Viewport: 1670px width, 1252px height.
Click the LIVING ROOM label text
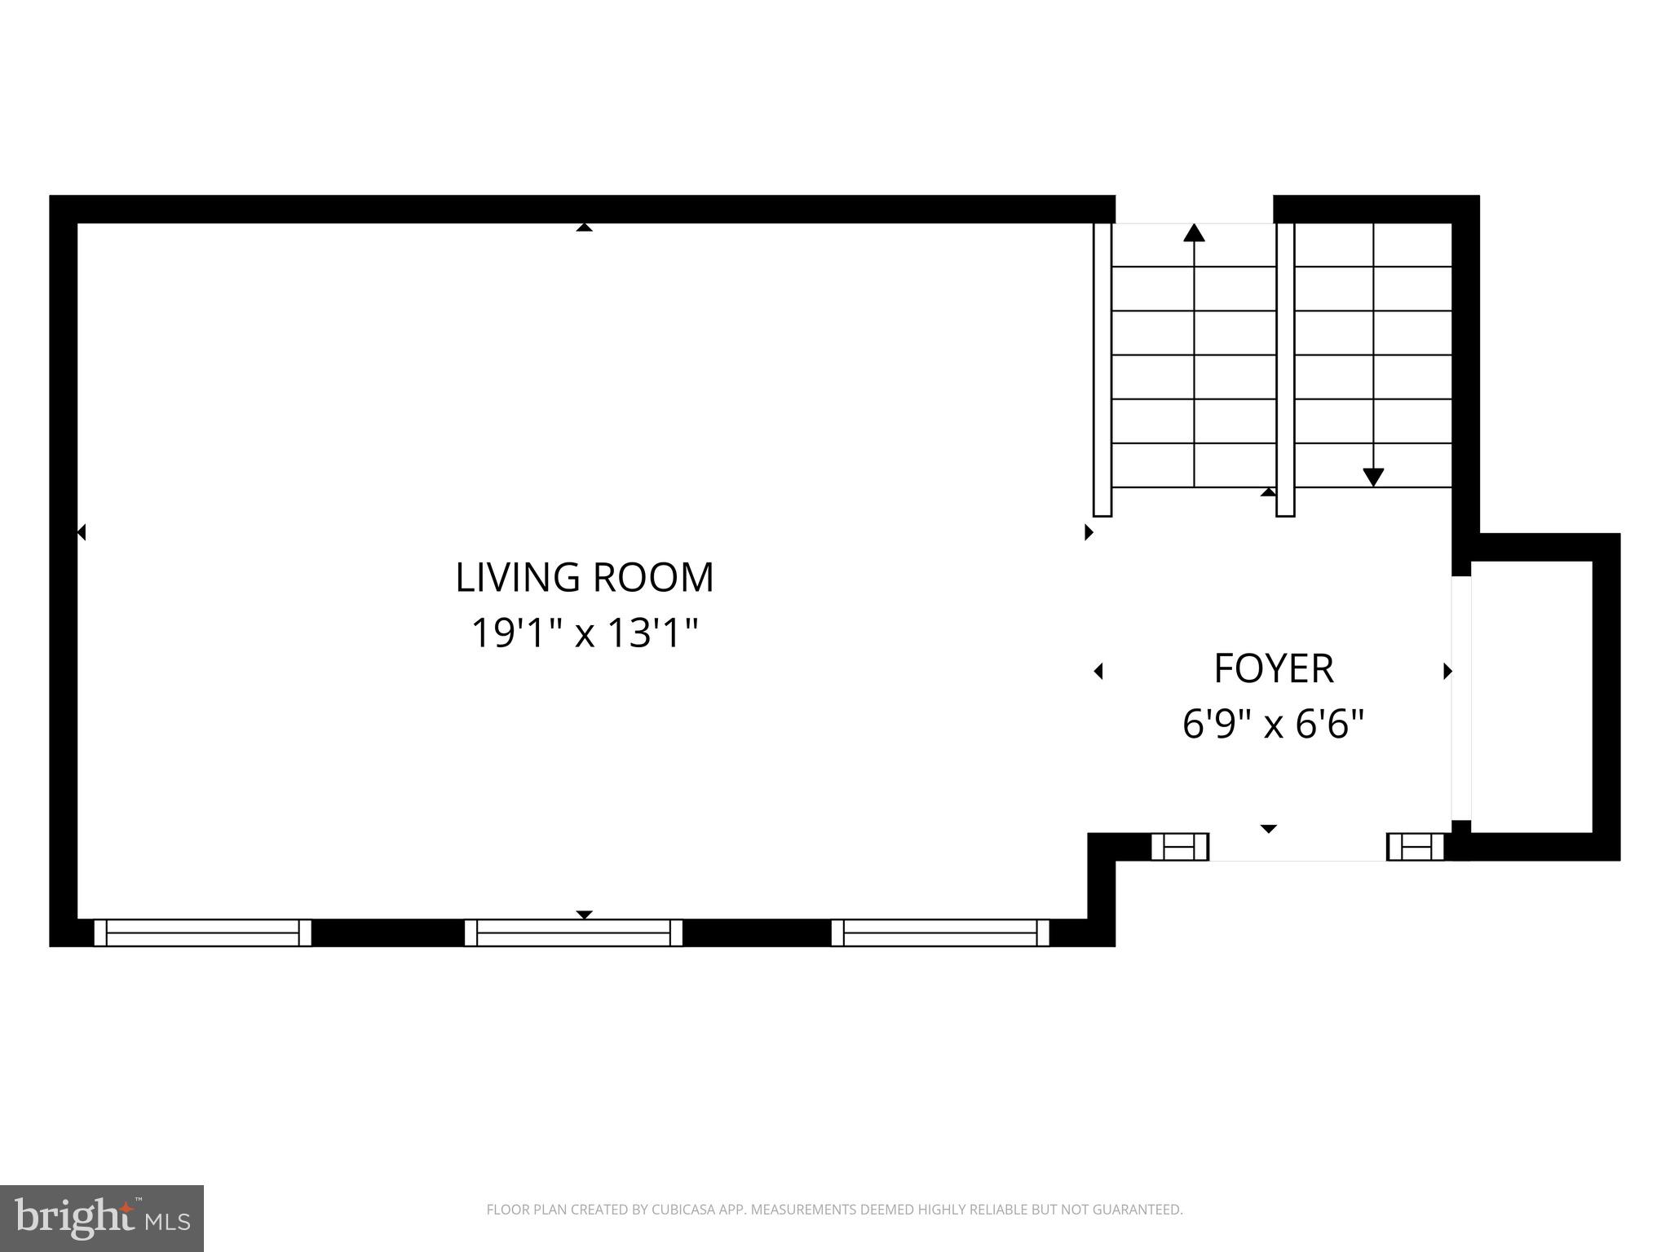[x=585, y=577]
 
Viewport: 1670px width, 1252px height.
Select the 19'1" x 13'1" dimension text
[x=585, y=633]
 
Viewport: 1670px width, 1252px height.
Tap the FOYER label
[x=1274, y=668]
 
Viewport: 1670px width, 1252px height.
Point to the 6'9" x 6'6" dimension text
[x=1273, y=723]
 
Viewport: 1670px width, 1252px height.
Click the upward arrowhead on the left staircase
[x=1194, y=232]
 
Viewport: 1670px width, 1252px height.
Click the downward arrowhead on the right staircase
[x=1373, y=478]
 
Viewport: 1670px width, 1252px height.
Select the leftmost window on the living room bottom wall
[x=202, y=932]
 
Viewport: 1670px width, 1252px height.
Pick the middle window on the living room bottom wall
[x=573, y=932]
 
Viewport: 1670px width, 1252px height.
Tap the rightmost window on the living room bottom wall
[x=940, y=932]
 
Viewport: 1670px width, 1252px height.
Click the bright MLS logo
[x=102, y=1218]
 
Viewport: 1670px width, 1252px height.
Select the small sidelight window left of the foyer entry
[x=1179, y=847]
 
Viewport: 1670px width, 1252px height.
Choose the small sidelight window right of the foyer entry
[x=1416, y=847]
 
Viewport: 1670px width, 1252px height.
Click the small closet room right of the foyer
[x=1531, y=697]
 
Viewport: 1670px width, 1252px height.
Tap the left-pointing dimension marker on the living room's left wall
[x=81, y=532]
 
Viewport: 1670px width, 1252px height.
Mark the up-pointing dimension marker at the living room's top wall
[x=584, y=227]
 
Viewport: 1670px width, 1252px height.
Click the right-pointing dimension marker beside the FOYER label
[x=1448, y=671]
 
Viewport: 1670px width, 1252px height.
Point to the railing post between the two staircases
[x=1285, y=369]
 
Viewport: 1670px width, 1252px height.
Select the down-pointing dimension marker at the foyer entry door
[x=1268, y=829]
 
